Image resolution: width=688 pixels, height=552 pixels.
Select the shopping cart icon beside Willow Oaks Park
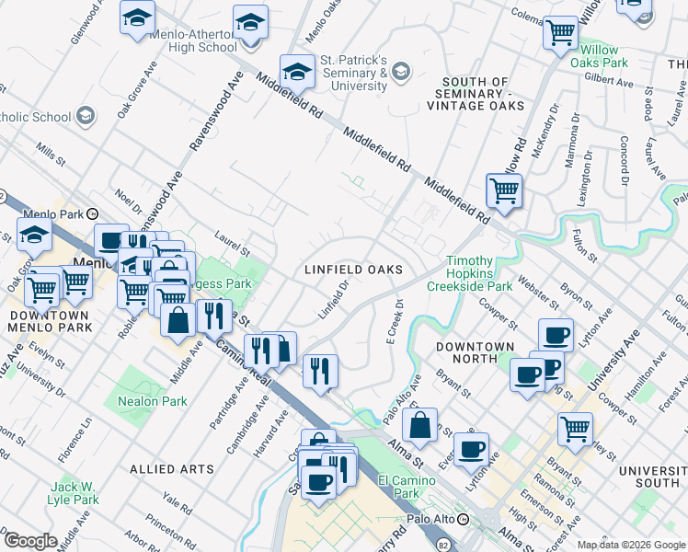(x=559, y=33)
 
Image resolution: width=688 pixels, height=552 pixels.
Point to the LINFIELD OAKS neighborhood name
(x=354, y=270)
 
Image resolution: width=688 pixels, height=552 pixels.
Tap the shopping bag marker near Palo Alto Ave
(x=419, y=425)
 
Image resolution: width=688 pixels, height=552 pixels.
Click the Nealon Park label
(x=153, y=401)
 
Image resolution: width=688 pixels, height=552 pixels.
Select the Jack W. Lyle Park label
(x=75, y=493)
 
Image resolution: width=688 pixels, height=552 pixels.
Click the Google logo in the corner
(x=29, y=540)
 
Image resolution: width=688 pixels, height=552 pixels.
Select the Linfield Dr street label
(x=336, y=298)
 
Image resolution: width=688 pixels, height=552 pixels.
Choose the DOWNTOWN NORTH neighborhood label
(x=475, y=347)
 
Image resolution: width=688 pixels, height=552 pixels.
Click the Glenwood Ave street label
(x=87, y=23)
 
